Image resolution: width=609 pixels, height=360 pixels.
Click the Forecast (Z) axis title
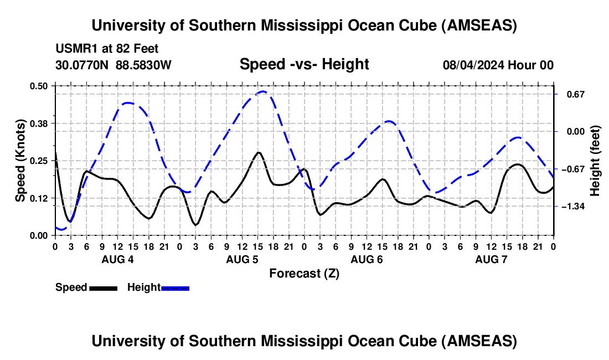(x=304, y=273)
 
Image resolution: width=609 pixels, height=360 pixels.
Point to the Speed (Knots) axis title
(x=20, y=161)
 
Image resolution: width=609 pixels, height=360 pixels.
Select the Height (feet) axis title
(x=595, y=161)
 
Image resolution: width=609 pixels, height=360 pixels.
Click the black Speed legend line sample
(x=103, y=287)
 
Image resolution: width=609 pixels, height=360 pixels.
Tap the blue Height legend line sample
(x=175, y=287)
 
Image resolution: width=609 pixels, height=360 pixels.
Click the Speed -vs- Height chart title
(x=304, y=64)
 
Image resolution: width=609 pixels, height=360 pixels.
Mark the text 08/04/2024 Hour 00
(x=498, y=65)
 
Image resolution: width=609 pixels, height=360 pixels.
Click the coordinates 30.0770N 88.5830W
(x=113, y=65)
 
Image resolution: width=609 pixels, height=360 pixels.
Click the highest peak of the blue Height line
(x=263, y=91)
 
